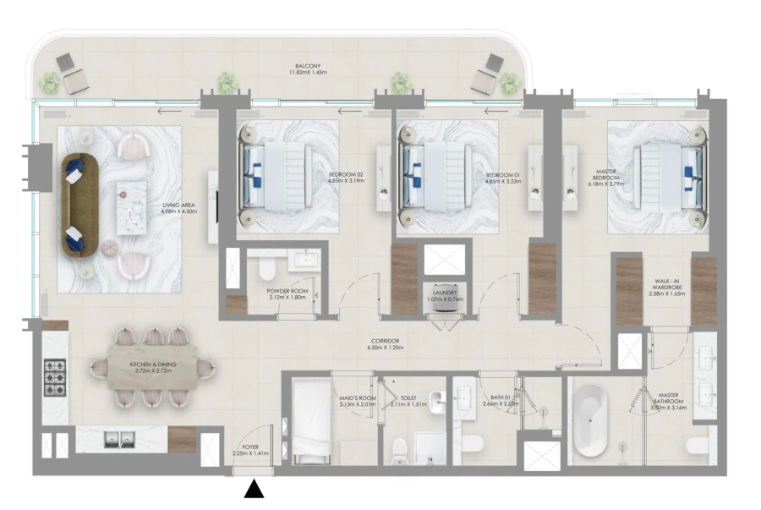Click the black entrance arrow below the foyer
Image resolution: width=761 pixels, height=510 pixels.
pyautogui.click(x=253, y=490)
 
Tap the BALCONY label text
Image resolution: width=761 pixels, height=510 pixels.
pyautogui.click(x=307, y=64)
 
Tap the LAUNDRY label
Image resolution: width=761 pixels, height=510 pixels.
pyautogui.click(x=445, y=292)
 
